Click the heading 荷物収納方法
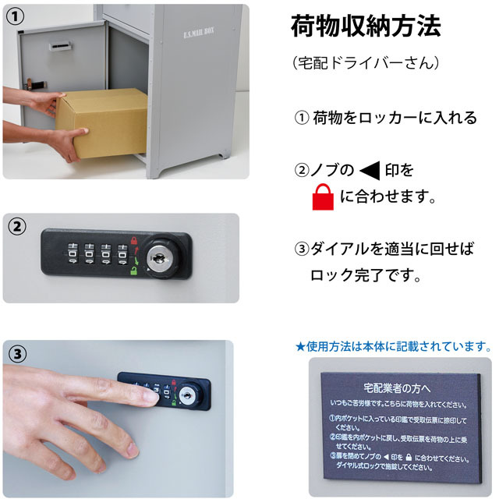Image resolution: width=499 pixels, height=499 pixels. tap(365, 27)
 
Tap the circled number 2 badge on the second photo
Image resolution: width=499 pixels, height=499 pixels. tap(17, 227)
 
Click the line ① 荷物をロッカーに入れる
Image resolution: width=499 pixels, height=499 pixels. tap(385, 118)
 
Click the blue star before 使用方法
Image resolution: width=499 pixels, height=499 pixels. tap(299, 346)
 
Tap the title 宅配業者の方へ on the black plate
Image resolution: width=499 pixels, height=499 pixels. tap(398, 388)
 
